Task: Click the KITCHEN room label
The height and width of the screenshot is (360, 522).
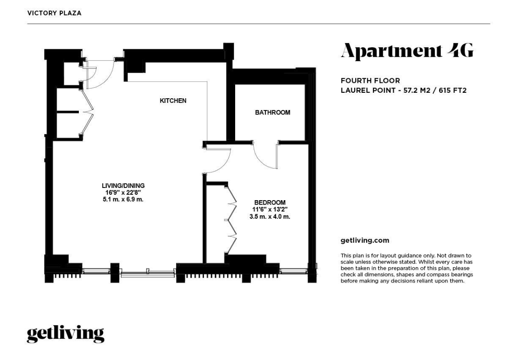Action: point(173,101)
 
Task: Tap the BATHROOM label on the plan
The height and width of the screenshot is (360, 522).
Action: point(272,112)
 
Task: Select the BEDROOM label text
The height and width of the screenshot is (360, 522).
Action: point(270,202)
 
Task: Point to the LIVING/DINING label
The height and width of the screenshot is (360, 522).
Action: point(123,186)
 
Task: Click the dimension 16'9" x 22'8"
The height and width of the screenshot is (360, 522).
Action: point(123,192)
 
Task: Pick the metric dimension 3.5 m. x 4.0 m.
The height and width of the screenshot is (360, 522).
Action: point(270,216)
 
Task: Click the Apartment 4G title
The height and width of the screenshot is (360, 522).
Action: point(407,51)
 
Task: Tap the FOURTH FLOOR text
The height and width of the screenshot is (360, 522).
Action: point(370,81)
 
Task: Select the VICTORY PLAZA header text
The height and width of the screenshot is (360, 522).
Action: point(54,13)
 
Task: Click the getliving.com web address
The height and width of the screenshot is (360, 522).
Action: point(365,240)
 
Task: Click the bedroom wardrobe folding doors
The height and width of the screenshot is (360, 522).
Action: point(232,220)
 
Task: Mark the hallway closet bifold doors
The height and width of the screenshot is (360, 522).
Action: point(87,112)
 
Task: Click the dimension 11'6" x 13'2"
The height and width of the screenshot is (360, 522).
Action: point(270,210)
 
